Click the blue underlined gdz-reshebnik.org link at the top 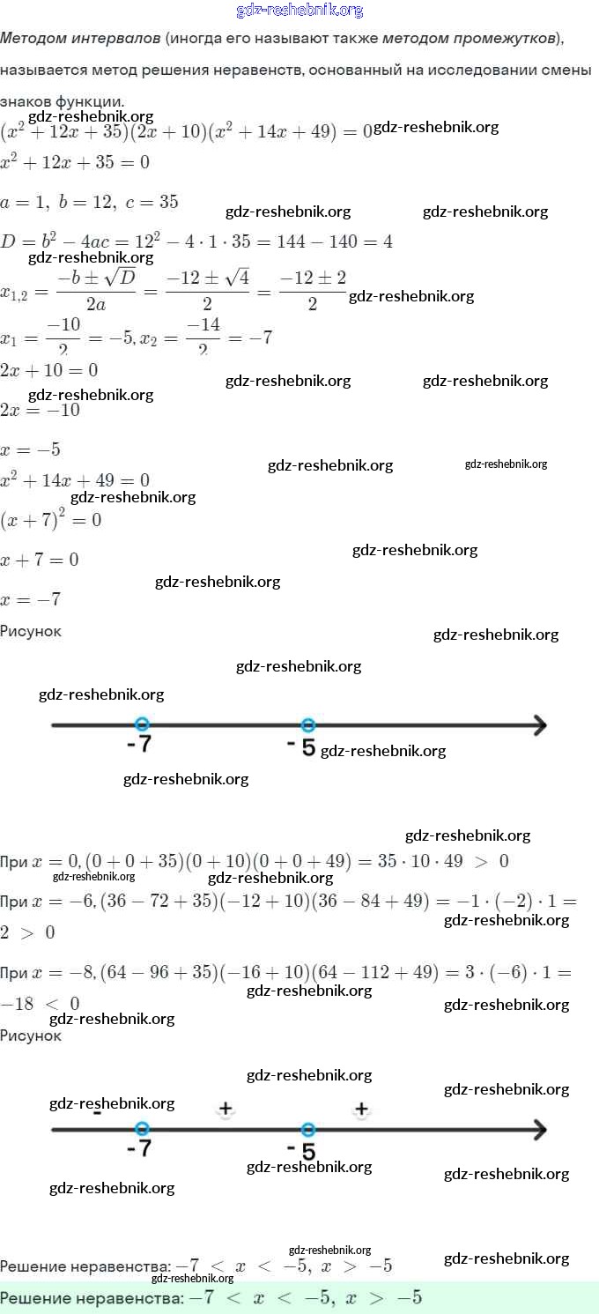(x=299, y=11)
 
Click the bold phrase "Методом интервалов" (x=79, y=39)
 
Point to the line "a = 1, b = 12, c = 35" (x=89, y=202)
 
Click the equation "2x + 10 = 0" (x=48, y=369)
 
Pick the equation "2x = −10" (x=41, y=411)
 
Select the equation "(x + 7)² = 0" (x=51, y=519)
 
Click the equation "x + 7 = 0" (x=40, y=560)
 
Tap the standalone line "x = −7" (x=31, y=600)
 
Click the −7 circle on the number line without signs (x=142, y=725)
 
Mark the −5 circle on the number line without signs (x=307, y=725)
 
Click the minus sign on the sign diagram (x=96, y=1112)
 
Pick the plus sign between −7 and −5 (x=226, y=1109)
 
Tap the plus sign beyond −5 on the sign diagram (x=361, y=1109)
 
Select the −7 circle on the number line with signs (x=142, y=1129)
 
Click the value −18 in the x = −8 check (x=18, y=1004)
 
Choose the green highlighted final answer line (x=299, y=1297)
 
